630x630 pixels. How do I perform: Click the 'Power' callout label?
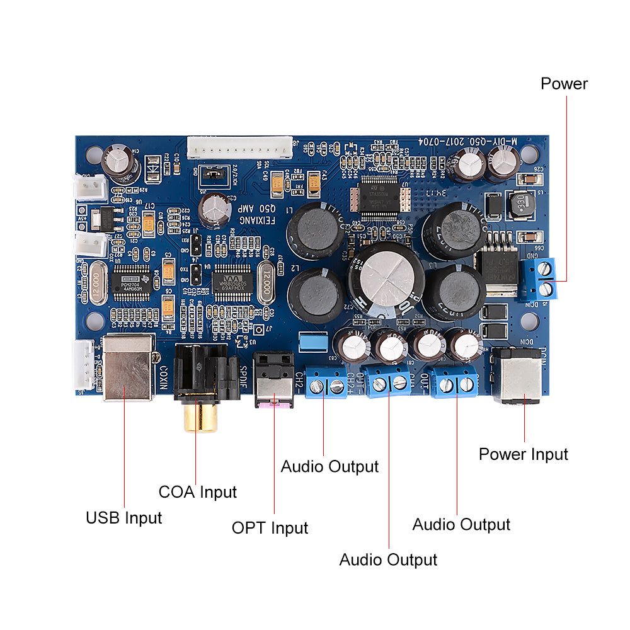pyautogui.click(x=564, y=84)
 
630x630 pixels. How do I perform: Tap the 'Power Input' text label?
pyautogui.click(x=523, y=454)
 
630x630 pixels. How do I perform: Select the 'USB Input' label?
pyautogui.click(x=124, y=518)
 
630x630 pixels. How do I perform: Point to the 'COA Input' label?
pyautogui.click(x=197, y=492)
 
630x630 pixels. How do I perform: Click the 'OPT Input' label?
pyautogui.click(x=270, y=528)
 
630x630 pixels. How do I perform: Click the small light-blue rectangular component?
pyautogui.click(x=312, y=340)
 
